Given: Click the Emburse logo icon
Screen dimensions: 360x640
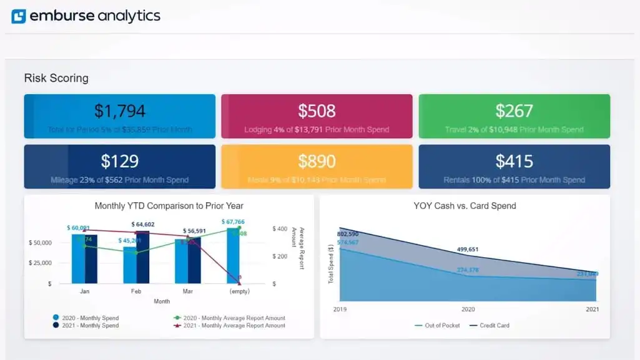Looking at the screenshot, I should (19, 16).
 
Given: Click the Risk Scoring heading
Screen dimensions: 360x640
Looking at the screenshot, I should (56, 78).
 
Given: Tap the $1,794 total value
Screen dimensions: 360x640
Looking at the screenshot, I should (120, 111).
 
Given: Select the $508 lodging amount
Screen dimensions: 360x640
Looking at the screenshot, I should (317, 111).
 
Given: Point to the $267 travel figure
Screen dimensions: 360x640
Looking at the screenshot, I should (514, 111).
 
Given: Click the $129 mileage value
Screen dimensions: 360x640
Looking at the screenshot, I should (120, 161).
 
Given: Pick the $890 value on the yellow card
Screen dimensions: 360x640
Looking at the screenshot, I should (317, 161).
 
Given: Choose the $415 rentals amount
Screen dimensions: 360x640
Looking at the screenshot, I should (514, 161).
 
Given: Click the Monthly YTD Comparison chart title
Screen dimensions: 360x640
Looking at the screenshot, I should (169, 206).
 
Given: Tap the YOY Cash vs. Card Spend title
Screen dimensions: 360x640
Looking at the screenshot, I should (465, 206).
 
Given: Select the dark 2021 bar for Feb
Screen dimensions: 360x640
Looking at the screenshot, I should (143, 257).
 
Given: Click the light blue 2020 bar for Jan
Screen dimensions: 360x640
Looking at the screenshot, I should (78, 259).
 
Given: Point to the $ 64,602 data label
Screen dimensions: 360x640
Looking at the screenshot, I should (143, 224).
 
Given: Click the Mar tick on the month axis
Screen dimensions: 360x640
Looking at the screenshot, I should (187, 291).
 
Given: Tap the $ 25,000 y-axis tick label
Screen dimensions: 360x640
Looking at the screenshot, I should (41, 263).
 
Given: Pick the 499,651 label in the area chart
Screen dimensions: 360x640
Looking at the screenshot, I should (468, 250).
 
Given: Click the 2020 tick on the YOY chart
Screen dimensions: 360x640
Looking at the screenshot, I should (468, 309).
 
